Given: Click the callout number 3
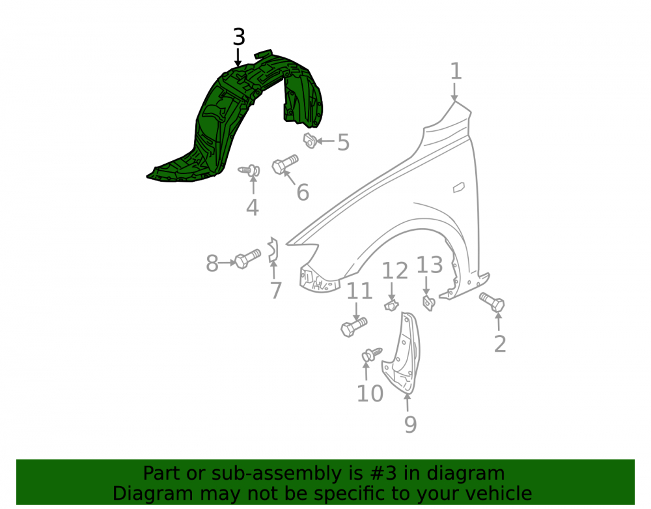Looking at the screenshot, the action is (239, 37).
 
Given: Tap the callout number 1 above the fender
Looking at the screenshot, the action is (456, 71).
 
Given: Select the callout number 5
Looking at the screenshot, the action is (343, 143).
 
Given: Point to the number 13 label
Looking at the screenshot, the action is (430, 265).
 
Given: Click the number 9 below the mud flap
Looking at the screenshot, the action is (410, 424).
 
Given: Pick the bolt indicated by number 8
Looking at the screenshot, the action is (248, 259).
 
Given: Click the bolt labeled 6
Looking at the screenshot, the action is (285, 164).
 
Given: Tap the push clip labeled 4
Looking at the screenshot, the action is (250, 170).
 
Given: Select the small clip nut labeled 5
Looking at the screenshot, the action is (310, 140).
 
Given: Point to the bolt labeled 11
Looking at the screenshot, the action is (353, 327).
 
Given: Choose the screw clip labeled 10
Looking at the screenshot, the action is (372, 355).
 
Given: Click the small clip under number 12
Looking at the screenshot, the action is (391, 305).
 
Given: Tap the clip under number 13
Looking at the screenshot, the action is (428, 302).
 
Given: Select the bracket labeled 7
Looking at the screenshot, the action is (273, 250).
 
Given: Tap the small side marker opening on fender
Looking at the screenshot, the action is (458, 188).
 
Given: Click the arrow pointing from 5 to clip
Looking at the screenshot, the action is (325, 141).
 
